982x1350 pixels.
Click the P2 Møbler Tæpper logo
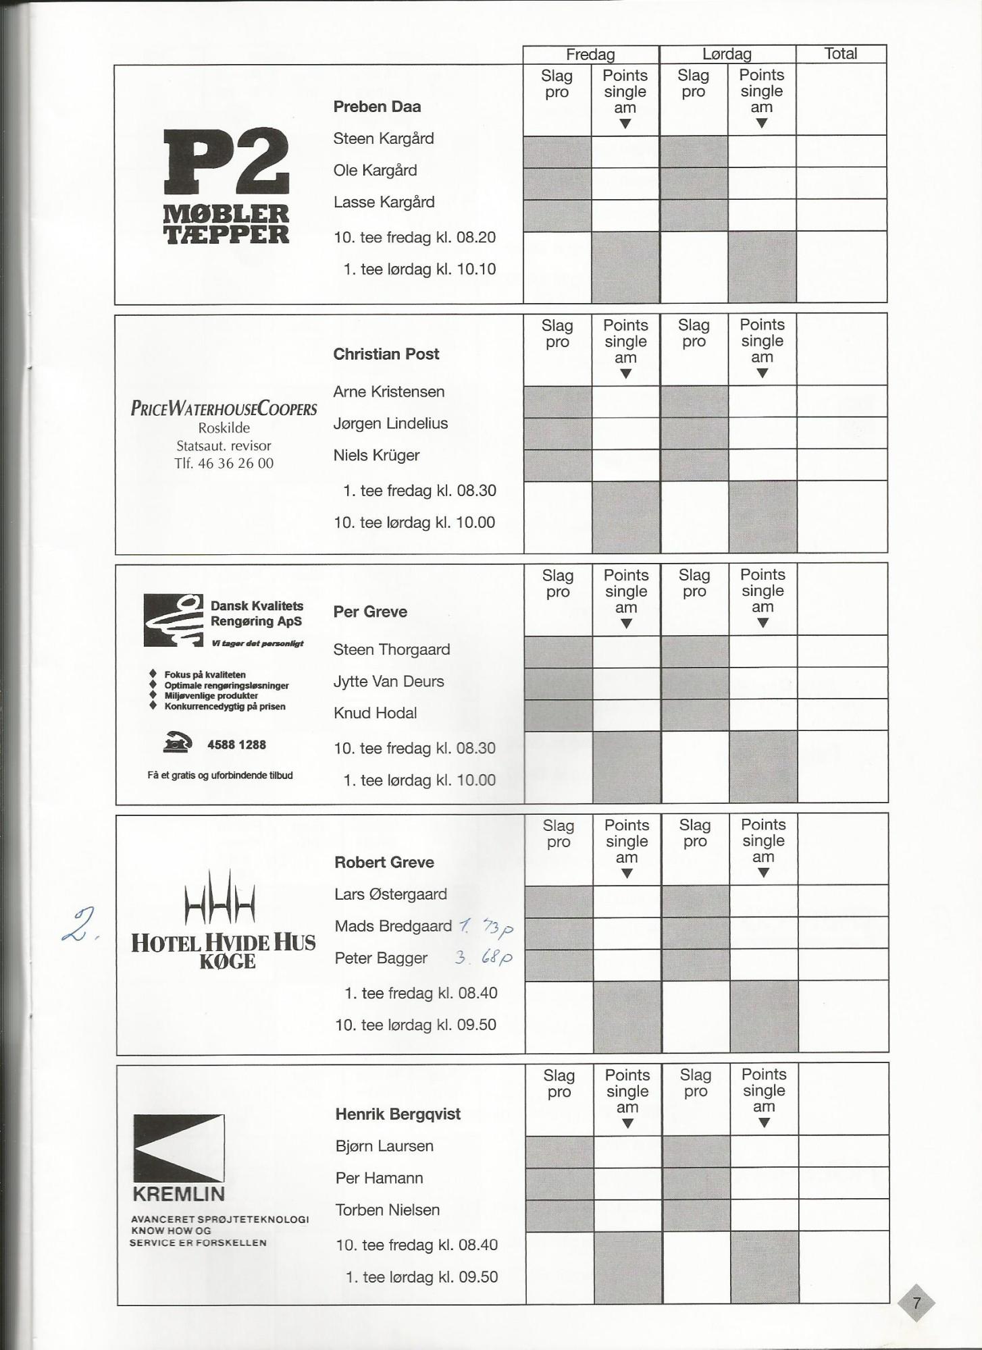226,186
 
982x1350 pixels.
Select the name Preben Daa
377,107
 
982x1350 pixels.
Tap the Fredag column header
590,55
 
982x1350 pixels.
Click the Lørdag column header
727,55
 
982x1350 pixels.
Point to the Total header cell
840,54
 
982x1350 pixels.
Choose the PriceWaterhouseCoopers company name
224,408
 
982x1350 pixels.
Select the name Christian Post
386,354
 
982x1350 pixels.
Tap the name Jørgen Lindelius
390,423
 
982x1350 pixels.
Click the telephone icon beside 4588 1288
177,742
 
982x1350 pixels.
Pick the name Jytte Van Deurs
388,681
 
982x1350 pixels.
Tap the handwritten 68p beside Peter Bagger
498,958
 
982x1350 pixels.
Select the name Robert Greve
384,862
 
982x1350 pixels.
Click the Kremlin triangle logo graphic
179,1147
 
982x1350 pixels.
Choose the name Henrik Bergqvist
398,1114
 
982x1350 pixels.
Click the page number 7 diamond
916,1303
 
